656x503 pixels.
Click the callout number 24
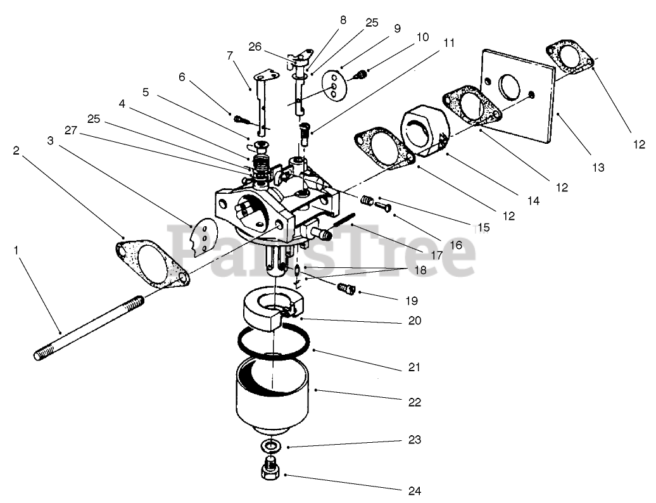pos(415,490)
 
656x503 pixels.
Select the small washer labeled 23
pos(271,445)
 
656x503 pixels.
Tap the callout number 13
pos(598,168)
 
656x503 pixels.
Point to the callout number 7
pos(230,56)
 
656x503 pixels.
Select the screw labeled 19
pos(346,289)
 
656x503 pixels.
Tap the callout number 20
pos(414,321)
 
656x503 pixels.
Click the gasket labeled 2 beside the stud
pos(153,260)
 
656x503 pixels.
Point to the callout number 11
pos(449,43)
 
